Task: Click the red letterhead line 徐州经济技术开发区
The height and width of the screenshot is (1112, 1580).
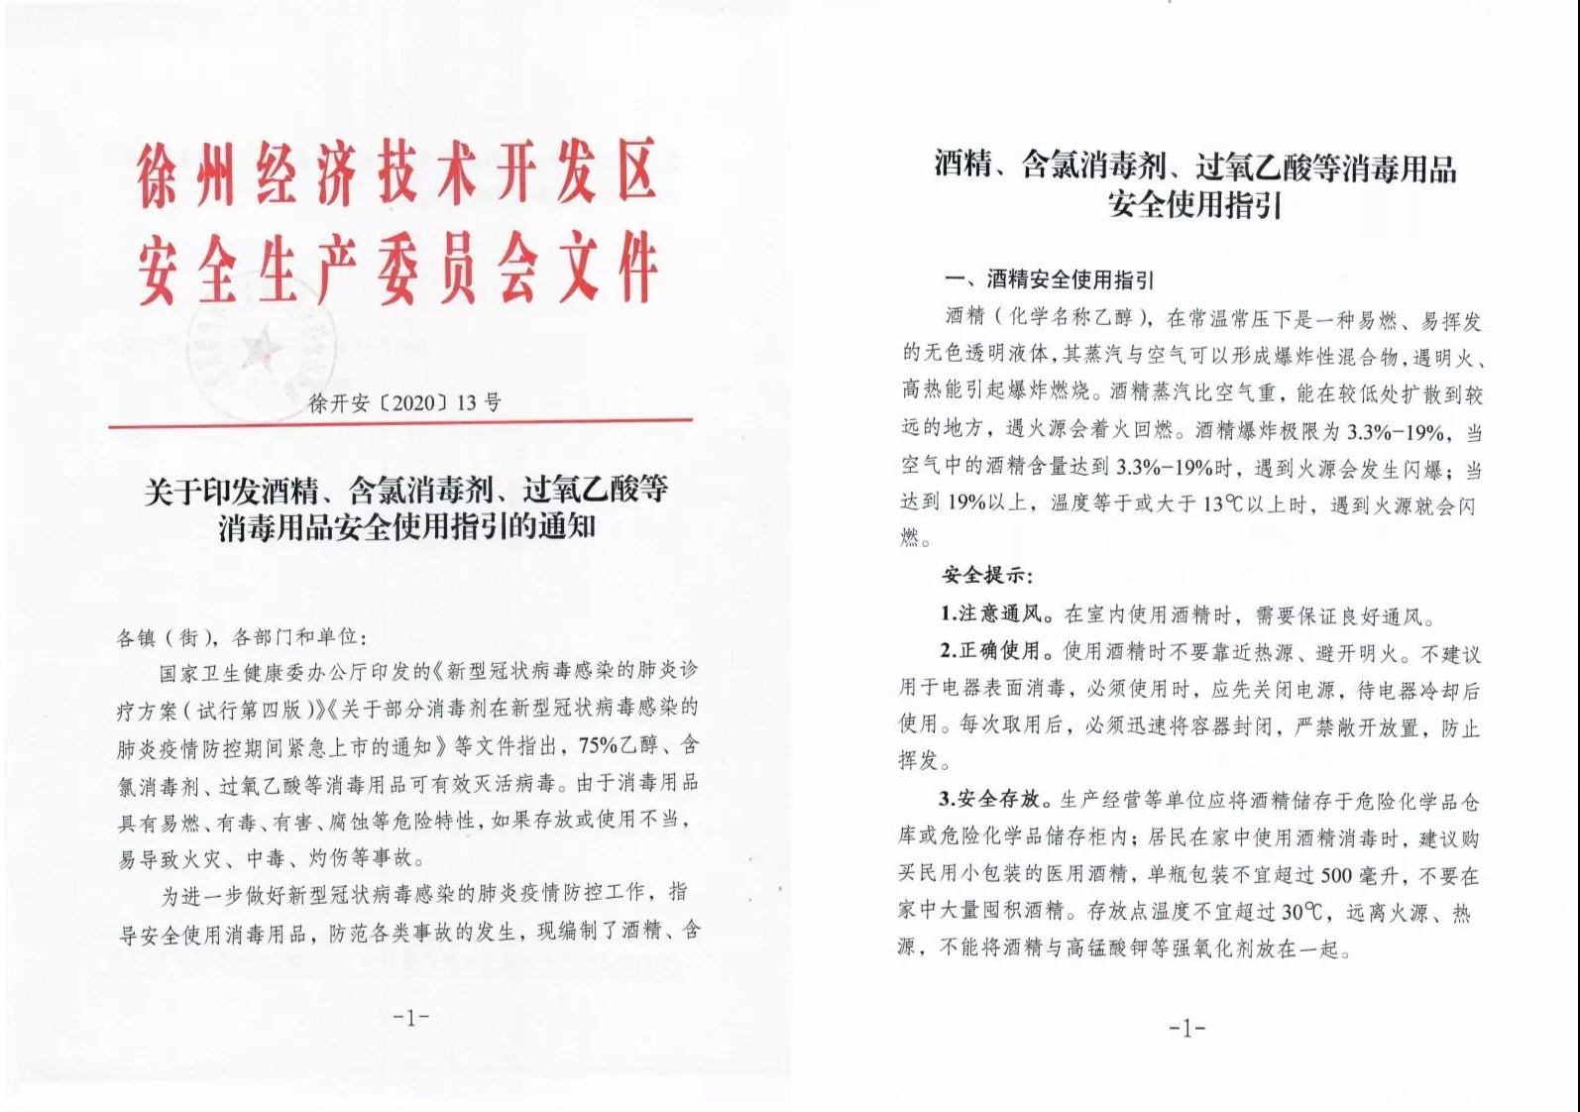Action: (396, 175)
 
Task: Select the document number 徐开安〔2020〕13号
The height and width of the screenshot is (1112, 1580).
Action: (405, 403)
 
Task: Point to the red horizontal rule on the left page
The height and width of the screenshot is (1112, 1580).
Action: (399, 425)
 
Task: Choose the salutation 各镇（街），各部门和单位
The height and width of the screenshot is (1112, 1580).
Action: (241, 637)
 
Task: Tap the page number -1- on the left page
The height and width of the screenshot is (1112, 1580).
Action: (410, 1017)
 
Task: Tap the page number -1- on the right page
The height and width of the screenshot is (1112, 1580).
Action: (1186, 1029)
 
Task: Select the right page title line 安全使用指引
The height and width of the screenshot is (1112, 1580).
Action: (1194, 205)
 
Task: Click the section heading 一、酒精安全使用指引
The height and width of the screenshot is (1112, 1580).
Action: (1049, 280)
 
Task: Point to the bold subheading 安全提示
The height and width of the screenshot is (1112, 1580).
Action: (986, 576)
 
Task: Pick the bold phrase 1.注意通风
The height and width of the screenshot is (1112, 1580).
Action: (994, 614)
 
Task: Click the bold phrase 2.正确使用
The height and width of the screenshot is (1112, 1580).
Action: (994, 651)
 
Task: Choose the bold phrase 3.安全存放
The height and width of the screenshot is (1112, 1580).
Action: (994, 799)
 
